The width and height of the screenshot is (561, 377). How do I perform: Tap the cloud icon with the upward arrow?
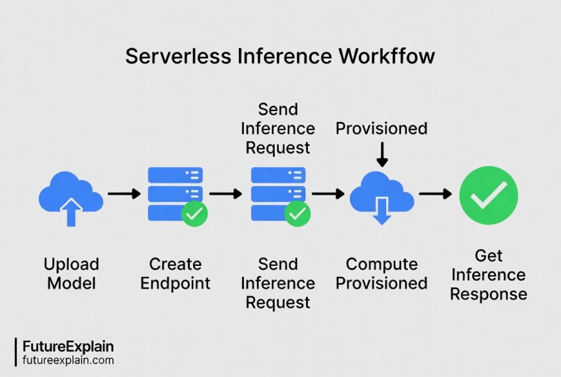(71, 195)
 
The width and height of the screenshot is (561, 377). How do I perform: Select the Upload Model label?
(71, 274)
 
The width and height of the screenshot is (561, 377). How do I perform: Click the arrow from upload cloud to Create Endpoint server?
(124, 193)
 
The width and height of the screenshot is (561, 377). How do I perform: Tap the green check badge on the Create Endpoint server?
(194, 214)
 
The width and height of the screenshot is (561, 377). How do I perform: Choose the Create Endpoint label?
(175, 274)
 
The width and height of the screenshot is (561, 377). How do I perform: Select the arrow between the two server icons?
(226, 193)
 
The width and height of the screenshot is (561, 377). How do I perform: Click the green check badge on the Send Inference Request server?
(297, 214)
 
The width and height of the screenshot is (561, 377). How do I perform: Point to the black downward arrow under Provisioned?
(382, 154)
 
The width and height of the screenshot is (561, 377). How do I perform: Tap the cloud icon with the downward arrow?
(382, 196)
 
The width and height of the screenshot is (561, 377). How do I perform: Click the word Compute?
(382, 264)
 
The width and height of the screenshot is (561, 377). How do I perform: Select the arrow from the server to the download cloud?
(328, 193)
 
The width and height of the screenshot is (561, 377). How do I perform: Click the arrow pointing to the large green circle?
(435, 193)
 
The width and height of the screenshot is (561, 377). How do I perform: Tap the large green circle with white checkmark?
(489, 195)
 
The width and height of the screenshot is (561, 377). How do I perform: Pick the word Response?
(489, 294)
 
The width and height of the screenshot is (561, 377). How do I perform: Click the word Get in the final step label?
(489, 255)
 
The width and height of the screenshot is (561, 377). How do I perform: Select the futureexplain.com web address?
(68, 360)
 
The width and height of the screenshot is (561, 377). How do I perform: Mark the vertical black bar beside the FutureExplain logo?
(16, 352)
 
